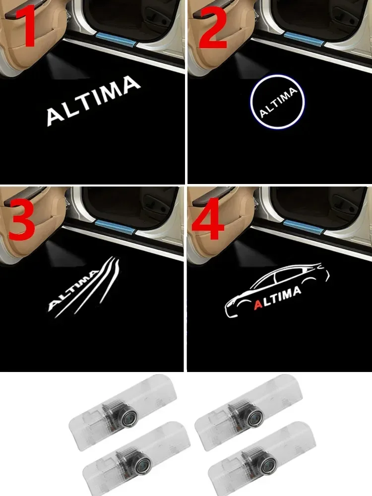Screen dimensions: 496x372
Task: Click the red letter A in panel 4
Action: pyautogui.click(x=258, y=304)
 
